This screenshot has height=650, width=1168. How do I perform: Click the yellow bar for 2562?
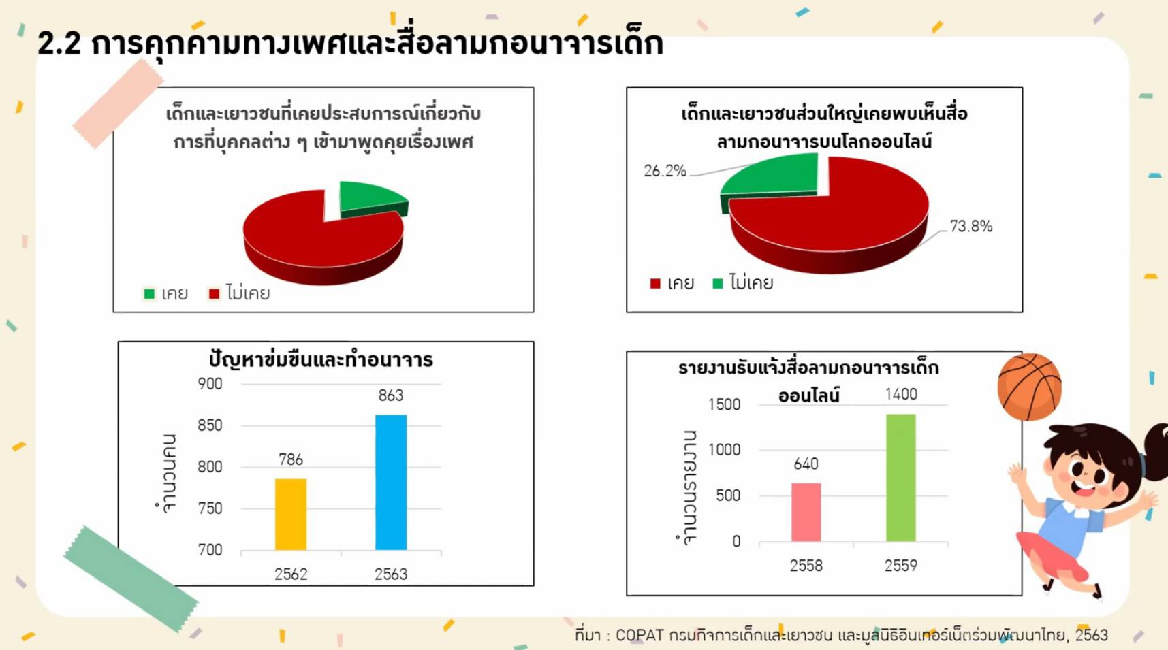(x=291, y=514)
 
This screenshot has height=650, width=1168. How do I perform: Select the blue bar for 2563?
(x=391, y=482)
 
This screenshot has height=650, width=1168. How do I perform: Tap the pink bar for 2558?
(x=806, y=512)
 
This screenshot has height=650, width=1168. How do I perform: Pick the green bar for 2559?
(x=900, y=478)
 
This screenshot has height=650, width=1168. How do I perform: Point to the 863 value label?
(x=391, y=395)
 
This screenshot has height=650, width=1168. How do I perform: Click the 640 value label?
(x=806, y=464)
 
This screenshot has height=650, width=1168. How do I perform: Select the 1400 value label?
(x=901, y=394)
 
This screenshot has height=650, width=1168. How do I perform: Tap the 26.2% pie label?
(x=665, y=171)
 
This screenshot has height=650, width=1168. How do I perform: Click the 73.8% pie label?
(x=971, y=226)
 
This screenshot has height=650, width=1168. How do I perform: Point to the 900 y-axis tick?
(x=210, y=384)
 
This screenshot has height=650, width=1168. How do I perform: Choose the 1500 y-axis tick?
(x=724, y=404)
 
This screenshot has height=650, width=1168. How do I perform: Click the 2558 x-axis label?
(x=806, y=566)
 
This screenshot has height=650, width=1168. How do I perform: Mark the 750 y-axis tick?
(x=210, y=508)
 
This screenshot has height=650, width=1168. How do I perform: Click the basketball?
(x=1029, y=386)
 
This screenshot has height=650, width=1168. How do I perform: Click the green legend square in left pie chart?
(x=149, y=293)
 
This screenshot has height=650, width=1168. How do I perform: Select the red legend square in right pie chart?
(x=655, y=283)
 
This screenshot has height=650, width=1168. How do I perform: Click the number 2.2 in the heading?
(x=59, y=44)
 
